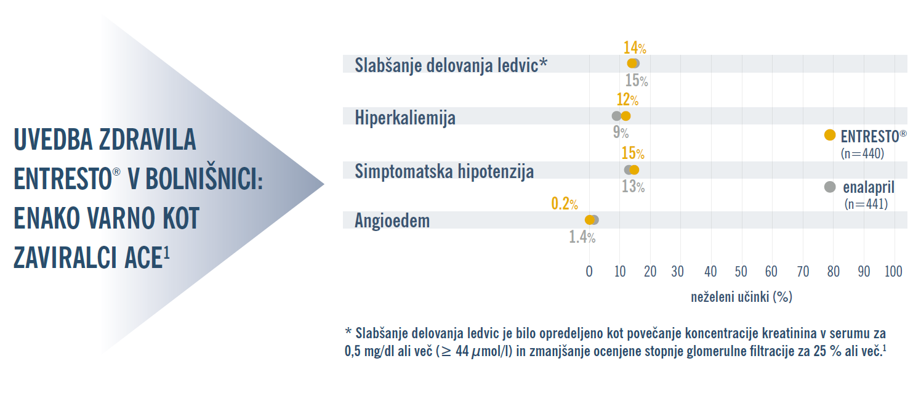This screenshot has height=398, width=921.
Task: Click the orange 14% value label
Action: click(634, 47)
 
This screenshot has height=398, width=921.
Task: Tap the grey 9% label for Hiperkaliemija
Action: click(620, 132)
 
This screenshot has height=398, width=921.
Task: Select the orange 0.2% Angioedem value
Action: click(564, 203)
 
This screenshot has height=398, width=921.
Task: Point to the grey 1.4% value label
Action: click(582, 237)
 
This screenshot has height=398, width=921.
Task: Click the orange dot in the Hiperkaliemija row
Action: click(625, 116)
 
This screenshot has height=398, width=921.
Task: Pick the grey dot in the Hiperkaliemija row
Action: click(616, 116)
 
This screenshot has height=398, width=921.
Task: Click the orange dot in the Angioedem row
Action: click(589, 220)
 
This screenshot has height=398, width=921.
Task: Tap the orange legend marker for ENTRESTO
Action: click(830, 136)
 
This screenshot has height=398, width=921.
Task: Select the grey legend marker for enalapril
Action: click(830, 187)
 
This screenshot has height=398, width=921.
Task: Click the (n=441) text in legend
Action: click(865, 205)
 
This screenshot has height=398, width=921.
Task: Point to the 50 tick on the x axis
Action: click(741, 272)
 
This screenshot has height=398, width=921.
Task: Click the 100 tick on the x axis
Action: click(893, 272)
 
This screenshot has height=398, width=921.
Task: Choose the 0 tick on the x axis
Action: click(589, 272)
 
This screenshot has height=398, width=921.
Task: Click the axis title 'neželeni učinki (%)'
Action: click(741, 297)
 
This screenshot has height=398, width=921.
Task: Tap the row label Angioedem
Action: click(392, 221)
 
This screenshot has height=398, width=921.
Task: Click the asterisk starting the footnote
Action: click(348, 333)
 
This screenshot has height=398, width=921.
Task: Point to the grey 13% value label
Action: click(633, 186)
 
